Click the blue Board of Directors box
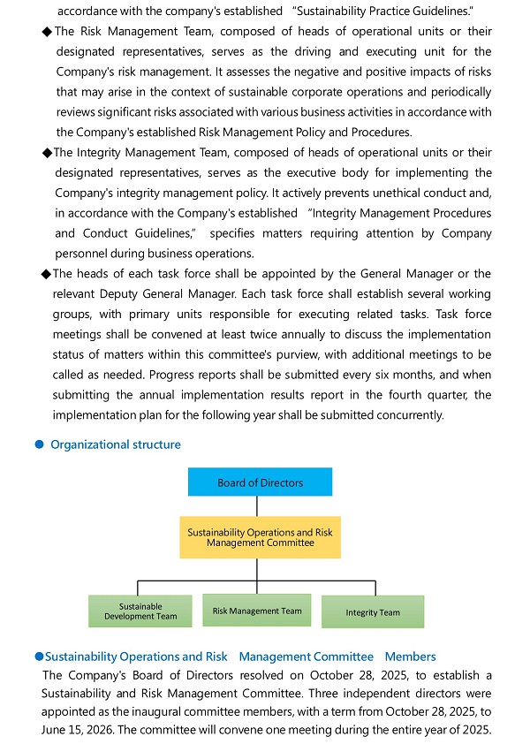click(x=260, y=482)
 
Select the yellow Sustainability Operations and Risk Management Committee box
click(x=260, y=537)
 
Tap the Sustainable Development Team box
click(x=140, y=611)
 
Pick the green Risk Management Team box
click(x=257, y=611)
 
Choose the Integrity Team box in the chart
click(x=372, y=612)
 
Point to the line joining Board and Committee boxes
click(x=257, y=506)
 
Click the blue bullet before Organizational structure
click(x=39, y=444)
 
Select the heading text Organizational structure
click(x=116, y=444)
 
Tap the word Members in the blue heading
click(x=411, y=657)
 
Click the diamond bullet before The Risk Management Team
click(x=48, y=32)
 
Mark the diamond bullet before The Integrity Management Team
click(x=48, y=153)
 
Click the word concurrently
click(x=409, y=415)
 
